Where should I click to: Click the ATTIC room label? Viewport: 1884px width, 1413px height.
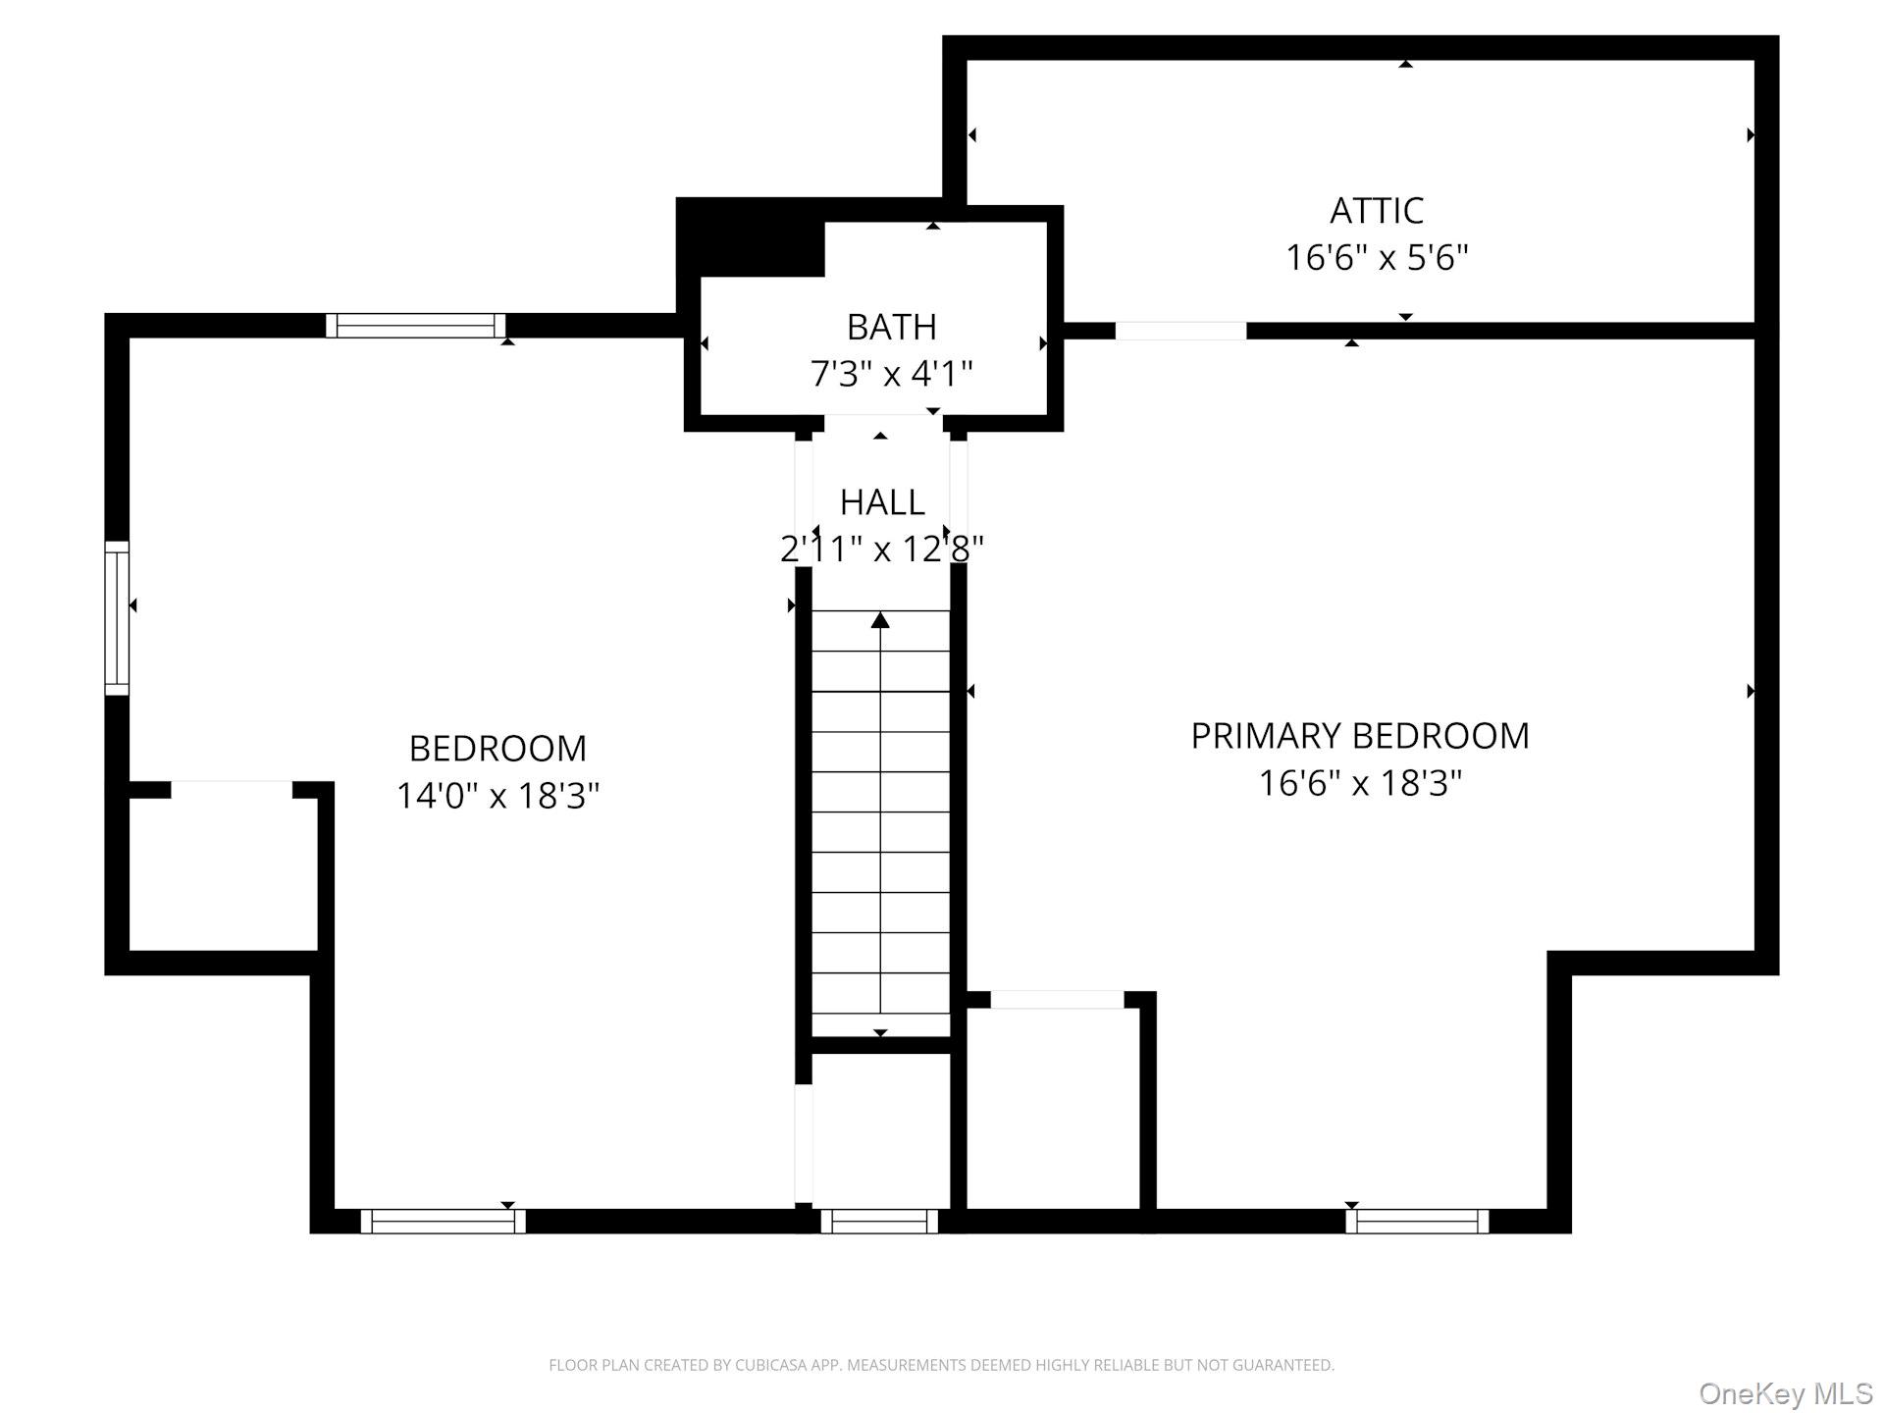click(1376, 210)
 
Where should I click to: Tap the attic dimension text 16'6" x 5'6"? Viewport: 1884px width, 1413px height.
click(1376, 258)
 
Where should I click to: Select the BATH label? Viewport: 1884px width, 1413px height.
click(891, 327)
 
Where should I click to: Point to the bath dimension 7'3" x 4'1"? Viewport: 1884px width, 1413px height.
click(891, 374)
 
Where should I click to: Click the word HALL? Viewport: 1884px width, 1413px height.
click(882, 502)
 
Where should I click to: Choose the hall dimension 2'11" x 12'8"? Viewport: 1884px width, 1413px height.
click(882, 549)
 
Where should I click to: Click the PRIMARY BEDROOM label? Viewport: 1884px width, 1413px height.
click(1359, 736)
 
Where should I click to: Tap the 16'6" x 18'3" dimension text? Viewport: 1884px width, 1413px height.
click(1359, 783)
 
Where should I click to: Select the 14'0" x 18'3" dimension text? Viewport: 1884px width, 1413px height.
click(497, 795)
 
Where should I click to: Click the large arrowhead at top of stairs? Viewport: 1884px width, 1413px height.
click(880, 620)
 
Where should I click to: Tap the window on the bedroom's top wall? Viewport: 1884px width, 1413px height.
click(416, 326)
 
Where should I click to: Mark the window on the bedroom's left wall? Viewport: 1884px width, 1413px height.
click(117, 618)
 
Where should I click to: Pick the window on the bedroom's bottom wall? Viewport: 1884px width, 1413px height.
click(444, 1221)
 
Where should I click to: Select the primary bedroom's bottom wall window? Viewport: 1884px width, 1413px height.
click(1417, 1221)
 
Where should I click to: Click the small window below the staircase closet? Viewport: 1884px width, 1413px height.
click(879, 1221)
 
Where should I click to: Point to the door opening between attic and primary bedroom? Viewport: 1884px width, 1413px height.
click(1180, 331)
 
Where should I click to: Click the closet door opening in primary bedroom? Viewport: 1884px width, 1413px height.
click(1057, 999)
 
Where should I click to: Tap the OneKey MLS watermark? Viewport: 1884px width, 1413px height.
click(1785, 1393)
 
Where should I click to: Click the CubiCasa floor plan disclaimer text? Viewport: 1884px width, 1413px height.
click(941, 1365)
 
